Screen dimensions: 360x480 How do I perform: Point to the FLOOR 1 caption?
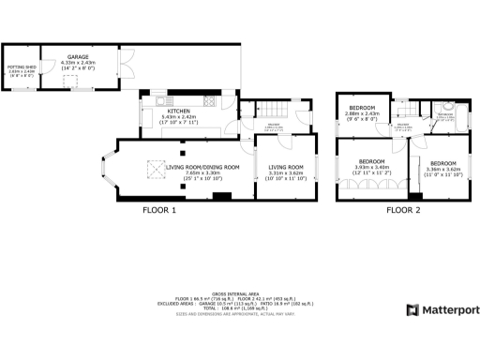[158, 211]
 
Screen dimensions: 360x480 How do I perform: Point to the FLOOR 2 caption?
[403, 211]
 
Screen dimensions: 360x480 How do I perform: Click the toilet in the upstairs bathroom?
[449, 106]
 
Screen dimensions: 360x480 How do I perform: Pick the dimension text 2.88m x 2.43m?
[361, 113]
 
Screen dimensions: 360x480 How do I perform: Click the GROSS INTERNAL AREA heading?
[239, 292]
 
